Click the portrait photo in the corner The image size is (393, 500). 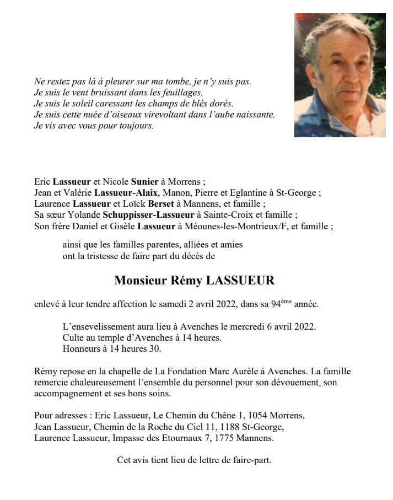point(340,75)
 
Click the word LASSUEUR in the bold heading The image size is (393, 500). point(240,281)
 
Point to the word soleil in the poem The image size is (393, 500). point(87,104)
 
